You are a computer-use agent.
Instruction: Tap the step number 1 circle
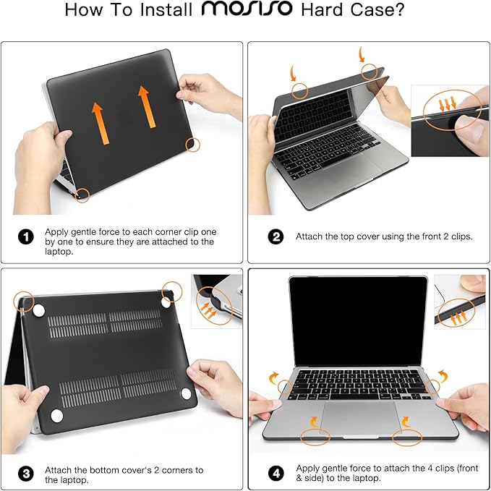25,236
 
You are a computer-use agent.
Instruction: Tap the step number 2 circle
276,236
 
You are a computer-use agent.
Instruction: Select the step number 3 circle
26,474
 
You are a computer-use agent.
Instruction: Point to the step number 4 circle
276,473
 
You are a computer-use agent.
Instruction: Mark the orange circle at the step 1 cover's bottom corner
83,194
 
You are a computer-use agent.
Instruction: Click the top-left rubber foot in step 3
39,311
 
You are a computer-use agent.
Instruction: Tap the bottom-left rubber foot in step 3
56,415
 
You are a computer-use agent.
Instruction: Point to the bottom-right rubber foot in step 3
187,394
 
